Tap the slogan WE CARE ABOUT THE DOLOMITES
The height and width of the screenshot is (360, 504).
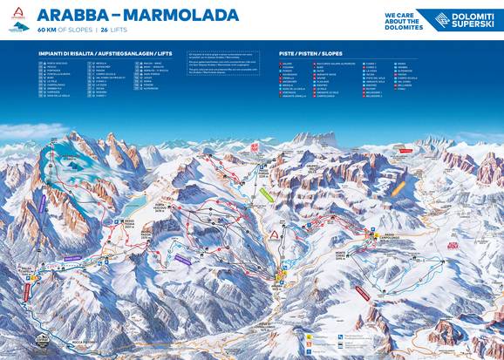tap(403, 21)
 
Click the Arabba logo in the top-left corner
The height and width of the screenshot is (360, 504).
tap(16, 20)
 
